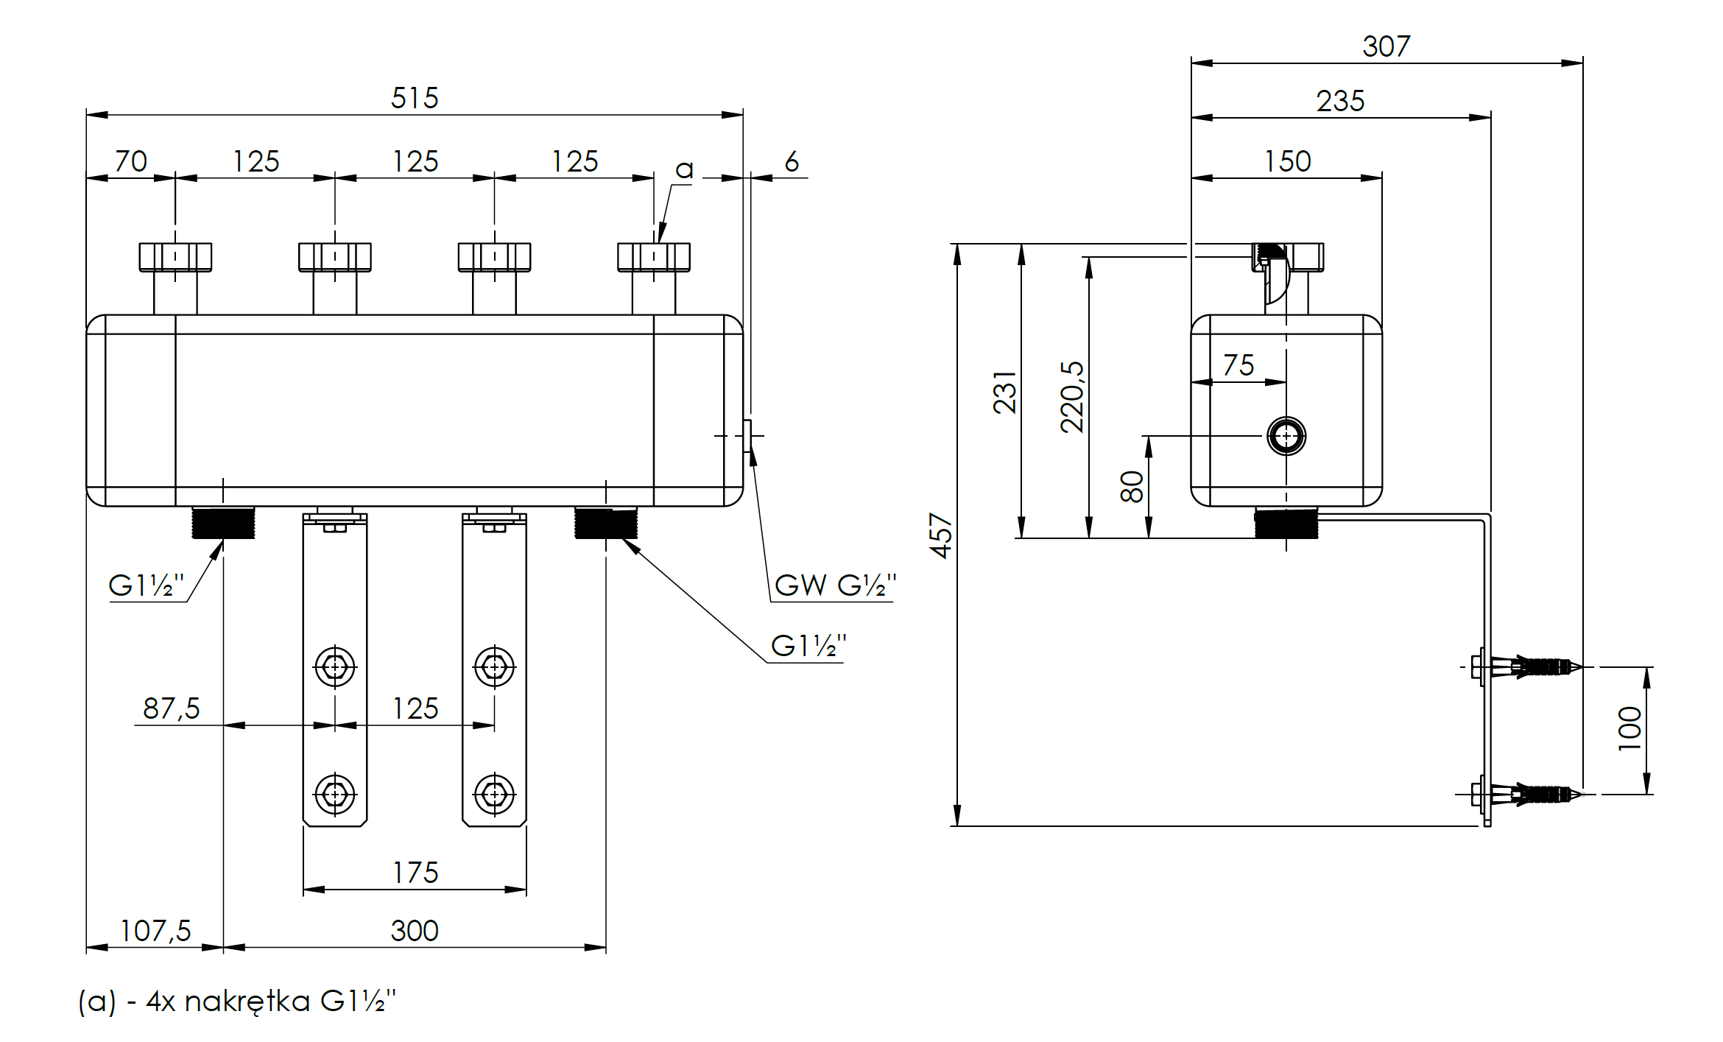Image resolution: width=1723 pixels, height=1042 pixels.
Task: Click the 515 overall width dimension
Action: tap(415, 98)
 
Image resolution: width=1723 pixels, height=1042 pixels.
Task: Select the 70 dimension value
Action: tap(131, 161)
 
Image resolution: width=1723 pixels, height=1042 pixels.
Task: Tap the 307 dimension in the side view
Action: tap(1386, 46)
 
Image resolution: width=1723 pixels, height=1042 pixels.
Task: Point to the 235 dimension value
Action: tap(1340, 101)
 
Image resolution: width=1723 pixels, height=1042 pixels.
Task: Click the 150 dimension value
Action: tap(1287, 161)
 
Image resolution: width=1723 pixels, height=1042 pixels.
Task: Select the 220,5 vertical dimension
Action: tap(1072, 396)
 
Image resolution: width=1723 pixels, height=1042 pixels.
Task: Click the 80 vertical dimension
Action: tap(1132, 486)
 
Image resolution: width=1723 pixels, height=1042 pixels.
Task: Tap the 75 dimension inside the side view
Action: tap(1238, 365)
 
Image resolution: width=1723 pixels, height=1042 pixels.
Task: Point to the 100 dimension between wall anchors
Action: tap(1629, 728)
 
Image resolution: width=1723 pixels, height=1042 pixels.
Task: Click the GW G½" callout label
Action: tap(835, 585)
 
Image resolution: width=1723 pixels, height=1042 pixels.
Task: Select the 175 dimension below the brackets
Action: tap(415, 873)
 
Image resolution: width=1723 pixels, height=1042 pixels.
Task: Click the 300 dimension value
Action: tap(415, 931)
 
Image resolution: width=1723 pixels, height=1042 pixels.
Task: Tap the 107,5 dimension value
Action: tap(155, 931)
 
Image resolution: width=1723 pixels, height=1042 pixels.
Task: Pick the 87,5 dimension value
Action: tap(172, 708)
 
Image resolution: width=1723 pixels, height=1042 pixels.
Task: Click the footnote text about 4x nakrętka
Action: tap(237, 1001)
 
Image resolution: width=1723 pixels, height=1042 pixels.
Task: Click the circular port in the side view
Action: tap(1286, 436)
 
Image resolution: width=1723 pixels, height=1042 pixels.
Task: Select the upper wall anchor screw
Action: tap(1532, 667)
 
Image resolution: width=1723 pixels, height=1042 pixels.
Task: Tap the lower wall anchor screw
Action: tap(1532, 795)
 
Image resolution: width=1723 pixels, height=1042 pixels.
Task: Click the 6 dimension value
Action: tap(792, 161)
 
